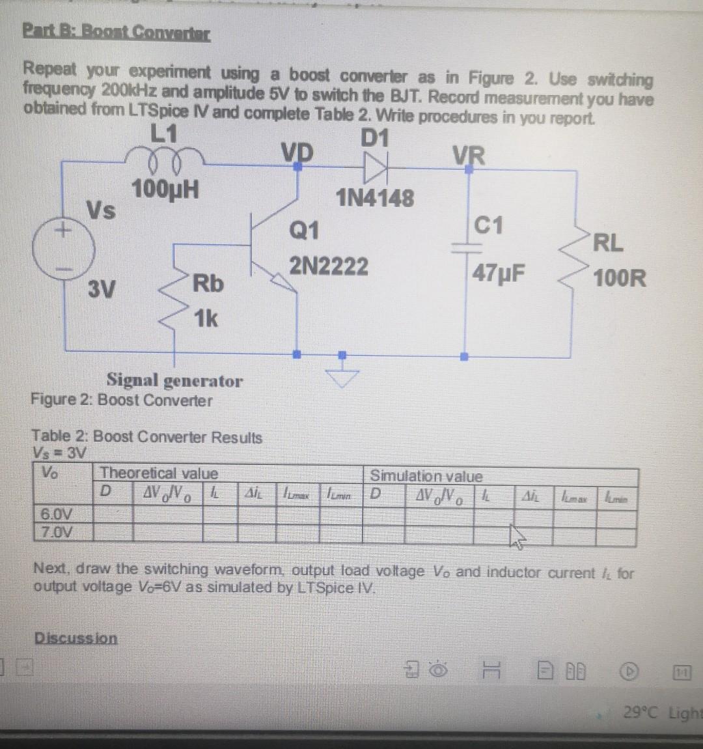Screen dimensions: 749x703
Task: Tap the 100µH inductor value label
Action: (165, 190)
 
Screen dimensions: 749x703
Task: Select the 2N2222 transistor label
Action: (329, 266)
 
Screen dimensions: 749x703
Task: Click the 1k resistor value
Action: (206, 319)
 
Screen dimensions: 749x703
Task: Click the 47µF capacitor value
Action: (499, 273)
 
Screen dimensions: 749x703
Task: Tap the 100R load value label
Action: (620, 279)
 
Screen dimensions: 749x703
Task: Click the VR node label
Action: (469, 156)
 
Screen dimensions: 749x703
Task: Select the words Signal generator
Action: (174, 380)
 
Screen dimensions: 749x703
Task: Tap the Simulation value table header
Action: (426, 476)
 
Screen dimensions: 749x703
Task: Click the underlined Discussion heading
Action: (76, 638)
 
